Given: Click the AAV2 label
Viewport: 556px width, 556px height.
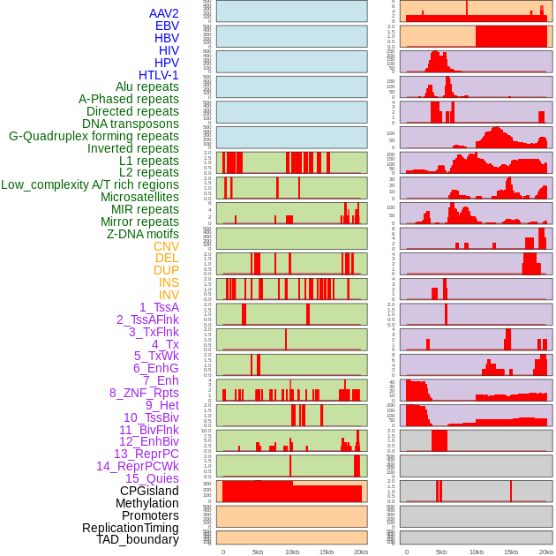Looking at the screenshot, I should (163, 13).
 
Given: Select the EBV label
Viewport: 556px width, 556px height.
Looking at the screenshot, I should (167, 26).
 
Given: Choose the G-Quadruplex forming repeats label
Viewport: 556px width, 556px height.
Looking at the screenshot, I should (94, 136).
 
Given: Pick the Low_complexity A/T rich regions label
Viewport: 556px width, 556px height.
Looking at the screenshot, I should (90, 184).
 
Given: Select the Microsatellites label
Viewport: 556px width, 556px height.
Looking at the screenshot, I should (139, 197).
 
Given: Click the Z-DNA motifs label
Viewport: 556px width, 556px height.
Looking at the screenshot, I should (142, 234).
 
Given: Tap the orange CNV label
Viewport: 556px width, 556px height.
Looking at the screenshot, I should (166, 246).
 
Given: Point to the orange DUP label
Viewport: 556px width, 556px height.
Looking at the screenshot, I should (166, 270).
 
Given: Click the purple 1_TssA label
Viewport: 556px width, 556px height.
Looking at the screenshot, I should (159, 307).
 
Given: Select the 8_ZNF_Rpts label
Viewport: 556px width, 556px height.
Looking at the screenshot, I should (144, 393).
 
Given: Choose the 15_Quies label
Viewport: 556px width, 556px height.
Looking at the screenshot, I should (152, 478).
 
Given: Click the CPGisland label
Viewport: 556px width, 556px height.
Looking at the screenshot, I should (149, 491).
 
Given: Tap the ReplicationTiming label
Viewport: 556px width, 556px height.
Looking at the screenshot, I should (130, 528).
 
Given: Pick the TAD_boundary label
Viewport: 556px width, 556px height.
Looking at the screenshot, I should (137, 539).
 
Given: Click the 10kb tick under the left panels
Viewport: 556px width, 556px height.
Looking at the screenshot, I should (292, 552).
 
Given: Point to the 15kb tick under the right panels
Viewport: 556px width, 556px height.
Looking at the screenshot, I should (511, 552).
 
